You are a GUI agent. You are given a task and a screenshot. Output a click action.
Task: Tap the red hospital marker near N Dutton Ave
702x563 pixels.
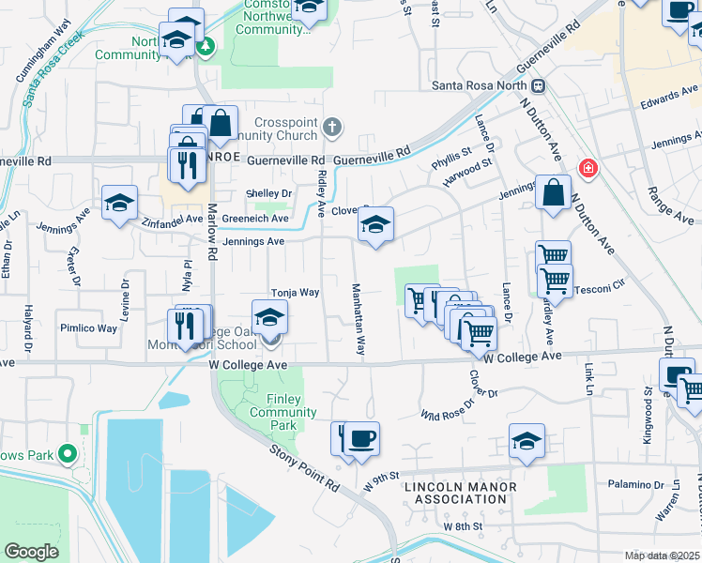click(588, 169)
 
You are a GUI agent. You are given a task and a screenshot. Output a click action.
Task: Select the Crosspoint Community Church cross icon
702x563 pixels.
click(330, 126)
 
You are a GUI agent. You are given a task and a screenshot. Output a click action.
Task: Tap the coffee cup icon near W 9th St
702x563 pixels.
click(361, 438)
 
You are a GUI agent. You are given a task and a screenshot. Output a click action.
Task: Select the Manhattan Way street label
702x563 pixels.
click(358, 318)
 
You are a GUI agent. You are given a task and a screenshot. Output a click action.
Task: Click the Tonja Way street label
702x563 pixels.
click(296, 293)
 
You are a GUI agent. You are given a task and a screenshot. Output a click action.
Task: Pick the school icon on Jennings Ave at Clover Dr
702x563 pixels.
click(375, 225)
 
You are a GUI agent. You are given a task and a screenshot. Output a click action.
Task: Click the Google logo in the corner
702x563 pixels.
click(31, 551)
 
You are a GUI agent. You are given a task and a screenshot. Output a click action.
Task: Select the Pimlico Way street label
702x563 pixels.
click(89, 328)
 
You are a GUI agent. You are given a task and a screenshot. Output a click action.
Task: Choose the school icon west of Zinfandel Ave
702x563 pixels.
click(120, 203)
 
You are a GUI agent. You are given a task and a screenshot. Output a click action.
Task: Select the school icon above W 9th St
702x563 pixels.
click(527, 441)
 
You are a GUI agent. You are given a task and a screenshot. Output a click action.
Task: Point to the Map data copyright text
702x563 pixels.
click(662, 555)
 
